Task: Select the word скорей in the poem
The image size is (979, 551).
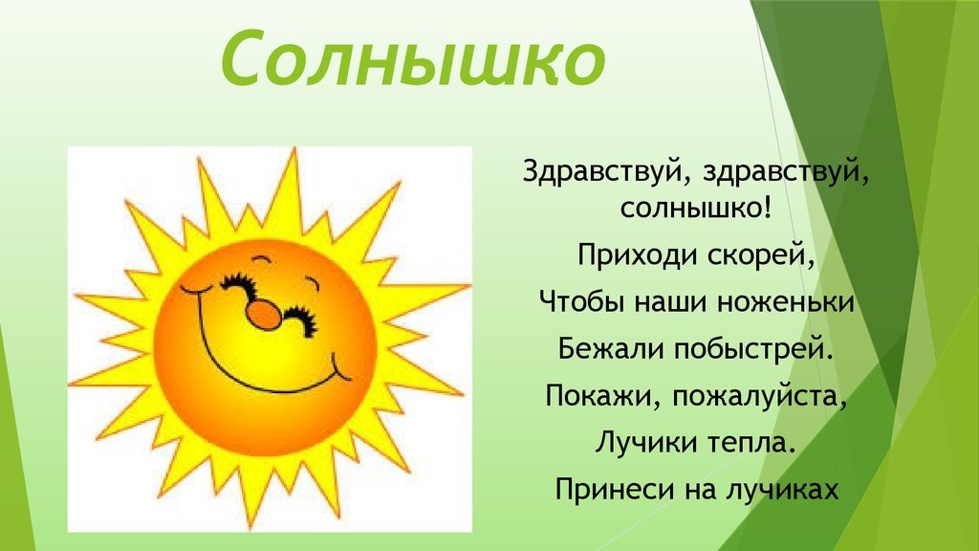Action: coord(762,255)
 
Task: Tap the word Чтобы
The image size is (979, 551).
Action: coord(582,301)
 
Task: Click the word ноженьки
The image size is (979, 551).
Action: coord(786,302)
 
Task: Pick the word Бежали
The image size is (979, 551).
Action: coord(611,348)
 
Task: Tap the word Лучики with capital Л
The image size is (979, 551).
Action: coord(646,442)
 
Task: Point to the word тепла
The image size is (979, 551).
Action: coord(752,443)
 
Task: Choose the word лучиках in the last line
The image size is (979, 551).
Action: coord(782,489)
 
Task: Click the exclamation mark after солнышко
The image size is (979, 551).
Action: coord(768,207)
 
